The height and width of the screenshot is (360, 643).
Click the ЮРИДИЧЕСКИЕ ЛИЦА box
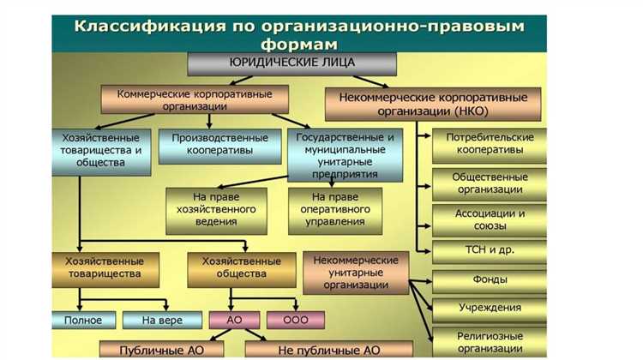point(292,63)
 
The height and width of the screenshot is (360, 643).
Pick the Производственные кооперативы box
point(219,144)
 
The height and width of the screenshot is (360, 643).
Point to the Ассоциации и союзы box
point(490,220)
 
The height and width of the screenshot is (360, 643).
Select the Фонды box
point(490,279)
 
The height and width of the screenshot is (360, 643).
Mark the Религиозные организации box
point(490,341)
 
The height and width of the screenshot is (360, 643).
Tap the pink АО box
point(234,321)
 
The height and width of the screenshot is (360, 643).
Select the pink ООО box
point(296,321)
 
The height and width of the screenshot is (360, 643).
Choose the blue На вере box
point(162,321)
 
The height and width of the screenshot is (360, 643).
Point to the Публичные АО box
point(162,350)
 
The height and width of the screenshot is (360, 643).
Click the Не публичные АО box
point(328,350)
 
